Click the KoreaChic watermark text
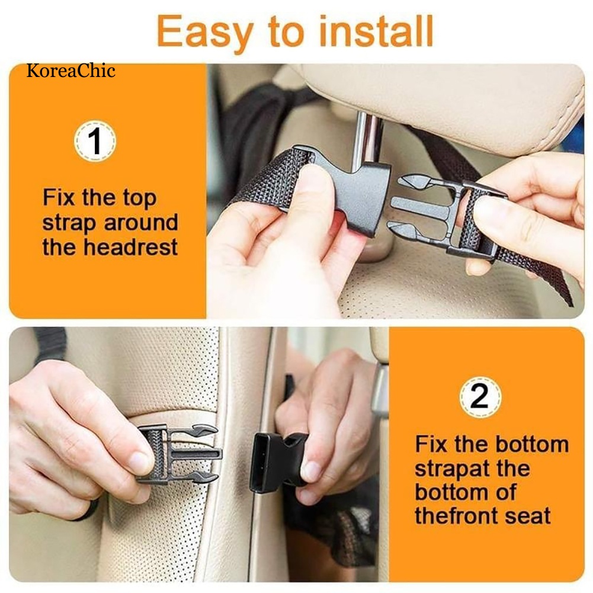71,72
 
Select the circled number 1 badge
95,142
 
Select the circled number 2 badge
480,397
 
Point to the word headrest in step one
130,247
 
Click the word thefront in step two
456,515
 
